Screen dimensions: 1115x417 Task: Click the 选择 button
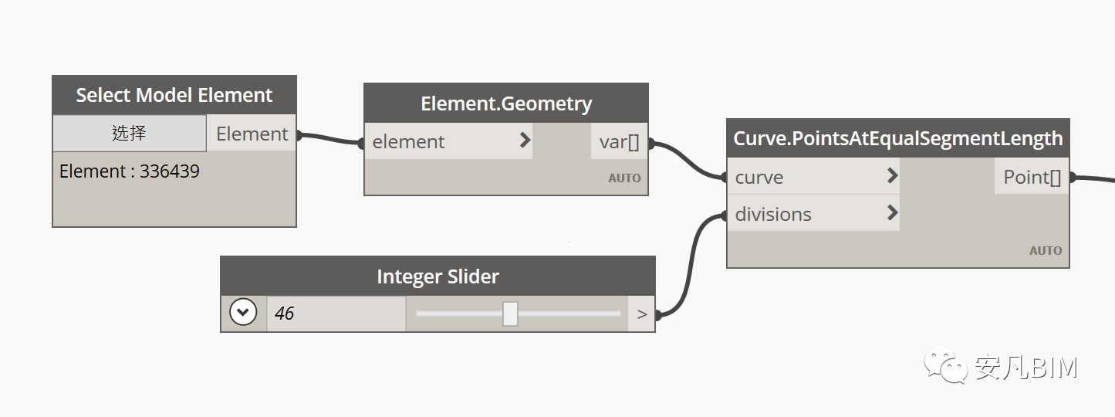[130, 133]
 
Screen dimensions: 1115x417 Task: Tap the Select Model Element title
[174, 95]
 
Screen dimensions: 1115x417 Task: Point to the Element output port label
[252, 134]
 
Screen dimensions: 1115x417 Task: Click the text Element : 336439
[130, 171]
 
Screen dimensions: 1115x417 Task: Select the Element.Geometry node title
[506, 103]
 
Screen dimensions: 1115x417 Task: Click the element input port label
[408, 142]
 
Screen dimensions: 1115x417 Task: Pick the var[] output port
[619, 142]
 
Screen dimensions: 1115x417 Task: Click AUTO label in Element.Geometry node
[624, 178]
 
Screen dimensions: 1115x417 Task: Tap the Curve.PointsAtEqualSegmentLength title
[898, 138]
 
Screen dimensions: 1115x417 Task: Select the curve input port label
[759, 178]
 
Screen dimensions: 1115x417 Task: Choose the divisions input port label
[773, 214]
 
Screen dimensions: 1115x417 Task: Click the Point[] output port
[1032, 177]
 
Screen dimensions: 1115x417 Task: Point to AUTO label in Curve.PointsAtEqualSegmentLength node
[1046, 251]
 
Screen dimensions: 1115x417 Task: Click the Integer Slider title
[438, 276]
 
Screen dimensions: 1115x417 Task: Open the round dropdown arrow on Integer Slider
[243, 313]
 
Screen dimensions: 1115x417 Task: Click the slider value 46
[284, 314]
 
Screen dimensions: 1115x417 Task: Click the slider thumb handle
[510, 314]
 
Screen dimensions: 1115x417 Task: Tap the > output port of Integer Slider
[642, 314]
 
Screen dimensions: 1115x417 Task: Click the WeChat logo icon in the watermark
[945, 365]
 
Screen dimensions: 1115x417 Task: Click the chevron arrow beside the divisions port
[893, 213]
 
